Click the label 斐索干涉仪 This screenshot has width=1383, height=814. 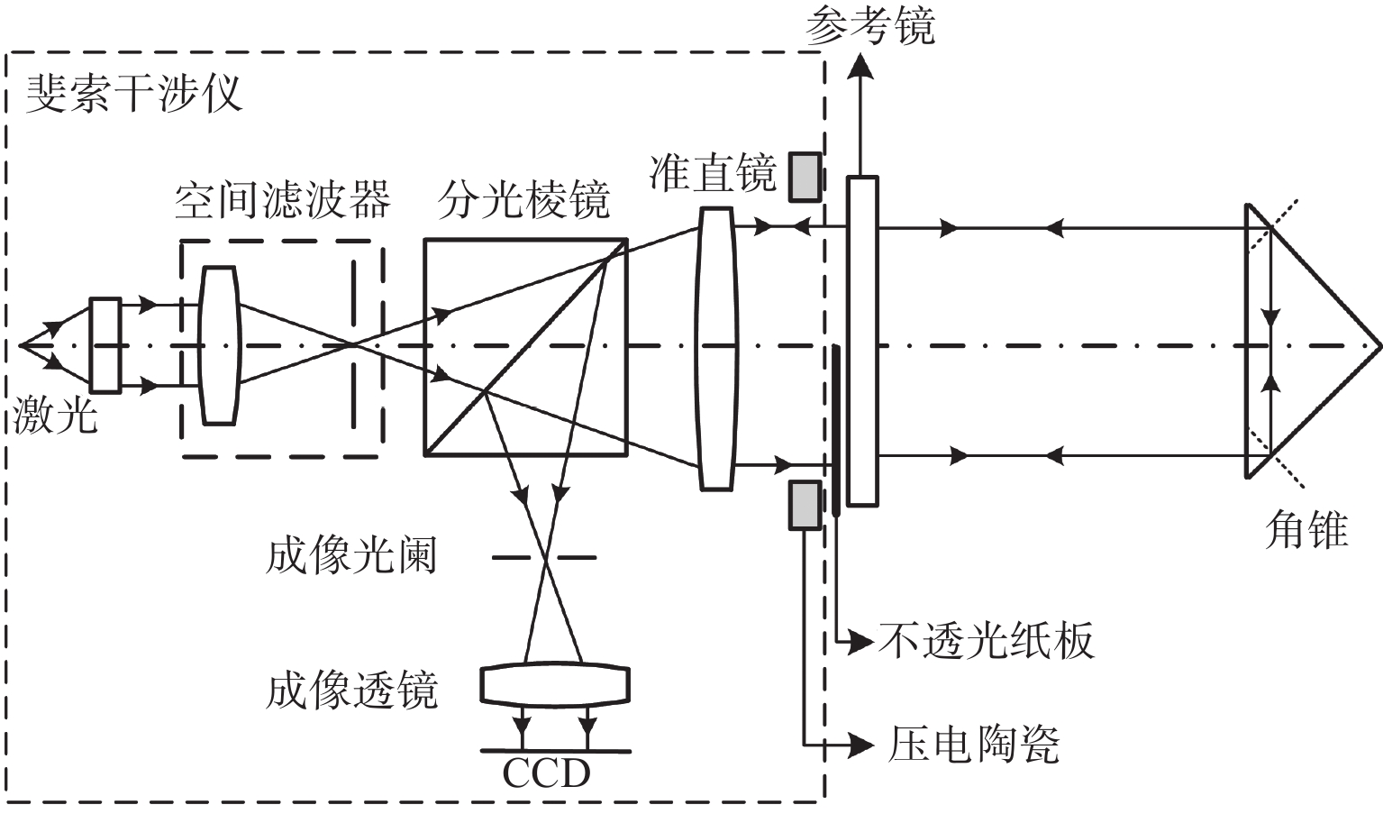pos(134,93)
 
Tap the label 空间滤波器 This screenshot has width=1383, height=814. pos(282,199)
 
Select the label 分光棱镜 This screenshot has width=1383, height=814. pos(523,199)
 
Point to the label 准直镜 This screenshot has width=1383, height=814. pos(712,172)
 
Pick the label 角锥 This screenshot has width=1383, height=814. pos(1306,529)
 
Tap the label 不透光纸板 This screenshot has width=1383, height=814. pos(986,641)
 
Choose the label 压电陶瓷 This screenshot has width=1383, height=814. pos(973,745)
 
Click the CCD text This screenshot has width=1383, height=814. pos(546,773)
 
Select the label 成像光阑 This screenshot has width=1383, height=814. pos(351,555)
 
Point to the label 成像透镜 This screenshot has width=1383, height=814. pos(351,691)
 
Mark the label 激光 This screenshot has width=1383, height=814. pos(54,416)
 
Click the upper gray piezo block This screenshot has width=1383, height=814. pos(805,177)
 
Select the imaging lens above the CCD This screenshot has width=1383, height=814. pos(555,684)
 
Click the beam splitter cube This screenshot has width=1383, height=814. pos(525,347)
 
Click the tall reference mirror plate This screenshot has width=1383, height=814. pos(861,341)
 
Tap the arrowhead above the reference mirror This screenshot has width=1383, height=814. pos(860,65)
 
